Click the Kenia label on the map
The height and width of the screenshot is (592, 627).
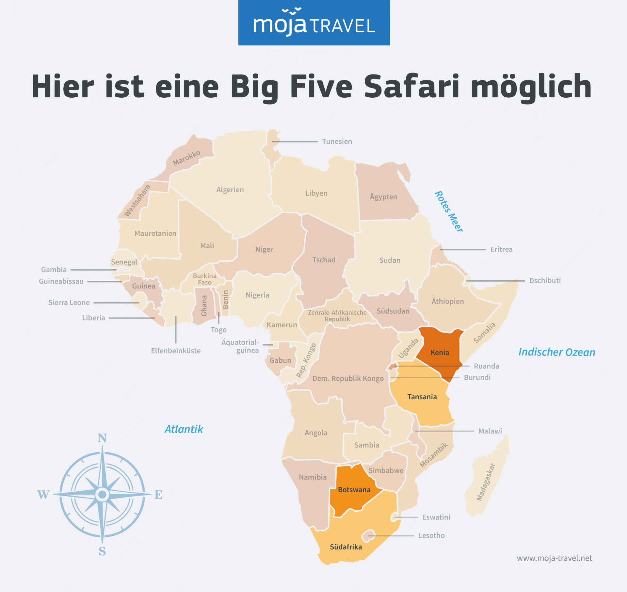pyautogui.click(x=440, y=353)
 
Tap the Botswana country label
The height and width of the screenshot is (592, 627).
pyautogui.click(x=354, y=490)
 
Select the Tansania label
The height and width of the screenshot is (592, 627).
pyautogui.click(x=422, y=397)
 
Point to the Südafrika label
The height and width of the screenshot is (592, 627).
pyautogui.click(x=346, y=547)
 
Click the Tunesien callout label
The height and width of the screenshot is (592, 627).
pyautogui.click(x=337, y=141)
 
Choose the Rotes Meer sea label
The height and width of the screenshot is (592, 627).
pyautogui.click(x=449, y=212)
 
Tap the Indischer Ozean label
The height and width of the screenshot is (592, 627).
pyautogui.click(x=557, y=352)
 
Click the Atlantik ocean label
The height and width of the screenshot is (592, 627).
pyautogui.click(x=184, y=429)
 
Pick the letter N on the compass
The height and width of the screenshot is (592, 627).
pyautogui.click(x=102, y=438)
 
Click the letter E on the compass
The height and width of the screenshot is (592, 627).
pyautogui.click(x=158, y=495)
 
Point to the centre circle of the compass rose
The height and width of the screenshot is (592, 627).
pyautogui.click(x=102, y=494)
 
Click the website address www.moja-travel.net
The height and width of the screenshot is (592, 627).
pyautogui.click(x=554, y=558)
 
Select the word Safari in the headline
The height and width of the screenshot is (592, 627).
pyautogui.click(x=411, y=86)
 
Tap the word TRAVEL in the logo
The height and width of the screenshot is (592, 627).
pyautogui.click(x=343, y=26)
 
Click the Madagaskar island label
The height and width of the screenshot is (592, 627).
pyautogui.click(x=486, y=482)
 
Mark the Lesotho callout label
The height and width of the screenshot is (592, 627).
pyautogui.click(x=431, y=535)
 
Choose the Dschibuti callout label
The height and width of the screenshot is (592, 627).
pyautogui.click(x=545, y=281)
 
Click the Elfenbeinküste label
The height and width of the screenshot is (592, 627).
pyautogui.click(x=176, y=351)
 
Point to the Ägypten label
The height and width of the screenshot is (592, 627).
pyautogui.click(x=383, y=197)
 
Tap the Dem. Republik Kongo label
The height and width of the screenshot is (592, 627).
pyautogui.click(x=348, y=379)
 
